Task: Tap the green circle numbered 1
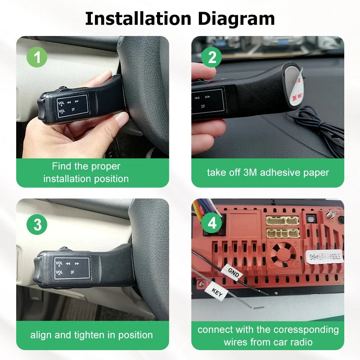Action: pos(37,57)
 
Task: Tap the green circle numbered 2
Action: pos(212,57)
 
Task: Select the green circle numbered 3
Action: pos(37,224)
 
